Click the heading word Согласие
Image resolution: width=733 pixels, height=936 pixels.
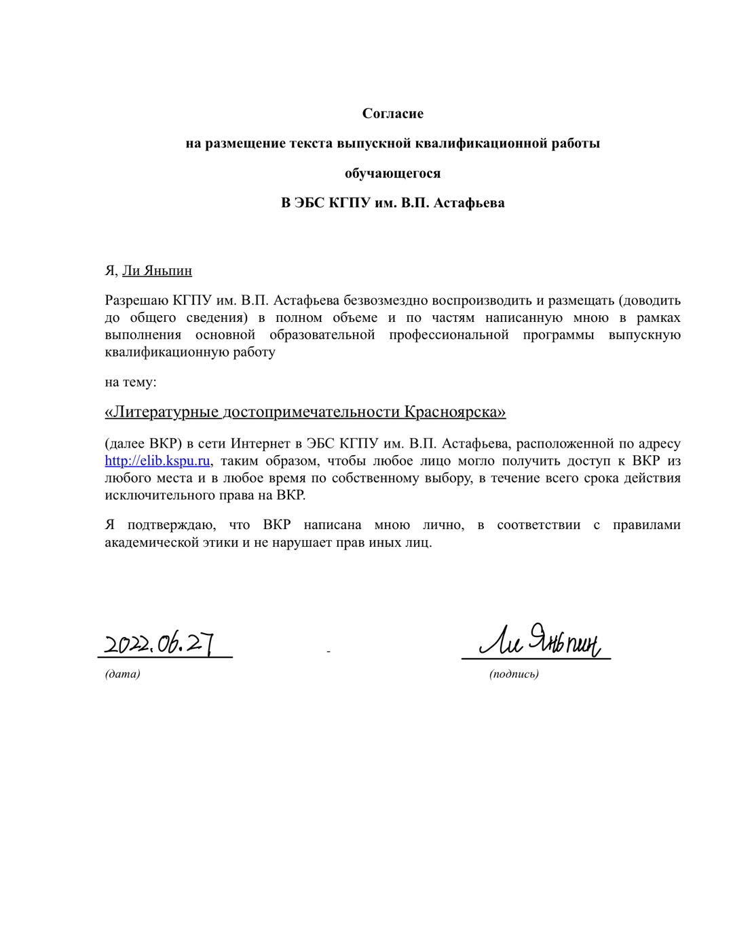[392, 113]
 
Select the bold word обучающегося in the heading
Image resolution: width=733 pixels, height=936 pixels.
[392, 173]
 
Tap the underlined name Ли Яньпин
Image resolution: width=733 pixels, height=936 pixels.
[157, 271]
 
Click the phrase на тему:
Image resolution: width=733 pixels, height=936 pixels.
[130, 382]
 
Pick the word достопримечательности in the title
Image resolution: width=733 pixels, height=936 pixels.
[312, 412]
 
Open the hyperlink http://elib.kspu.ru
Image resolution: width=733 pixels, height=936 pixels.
[157, 461]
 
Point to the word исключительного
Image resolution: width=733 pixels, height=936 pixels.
[153, 495]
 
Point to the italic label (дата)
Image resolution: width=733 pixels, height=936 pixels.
[122, 674]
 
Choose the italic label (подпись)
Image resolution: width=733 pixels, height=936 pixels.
[514, 674]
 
